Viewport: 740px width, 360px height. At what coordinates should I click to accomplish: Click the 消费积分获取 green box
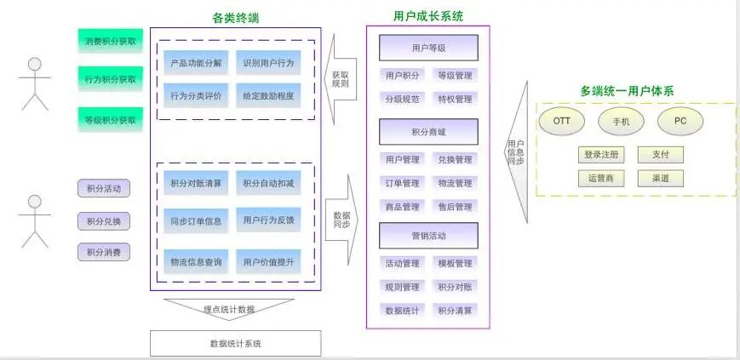(x=111, y=41)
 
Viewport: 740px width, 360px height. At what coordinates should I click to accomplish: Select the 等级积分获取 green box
(x=111, y=120)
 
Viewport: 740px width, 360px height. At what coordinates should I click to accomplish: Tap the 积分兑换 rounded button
(x=104, y=221)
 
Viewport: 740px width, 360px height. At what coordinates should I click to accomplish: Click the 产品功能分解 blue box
(x=196, y=63)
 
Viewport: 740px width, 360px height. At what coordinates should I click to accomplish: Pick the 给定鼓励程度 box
(x=268, y=96)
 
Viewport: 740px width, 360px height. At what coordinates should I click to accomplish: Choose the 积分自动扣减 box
(x=268, y=183)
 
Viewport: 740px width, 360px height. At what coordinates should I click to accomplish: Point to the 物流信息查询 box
(x=196, y=261)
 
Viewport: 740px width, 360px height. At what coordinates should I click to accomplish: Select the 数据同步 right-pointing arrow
(x=341, y=220)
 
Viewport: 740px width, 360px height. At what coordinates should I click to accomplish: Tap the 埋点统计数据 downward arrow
(x=229, y=309)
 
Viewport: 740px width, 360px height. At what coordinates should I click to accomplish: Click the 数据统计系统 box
(x=236, y=344)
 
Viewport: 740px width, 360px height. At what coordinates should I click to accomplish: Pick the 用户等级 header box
(x=428, y=48)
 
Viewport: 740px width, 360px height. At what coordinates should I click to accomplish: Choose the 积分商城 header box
(x=428, y=132)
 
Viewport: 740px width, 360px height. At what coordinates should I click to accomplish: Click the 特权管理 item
(x=455, y=99)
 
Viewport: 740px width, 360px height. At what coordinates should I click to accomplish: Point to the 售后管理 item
(x=455, y=207)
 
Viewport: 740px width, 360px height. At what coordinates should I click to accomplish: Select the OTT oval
(x=562, y=121)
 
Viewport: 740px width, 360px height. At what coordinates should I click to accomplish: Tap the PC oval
(x=680, y=121)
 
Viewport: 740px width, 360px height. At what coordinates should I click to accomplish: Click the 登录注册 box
(x=601, y=155)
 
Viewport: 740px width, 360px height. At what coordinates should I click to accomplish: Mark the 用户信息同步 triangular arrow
(x=515, y=152)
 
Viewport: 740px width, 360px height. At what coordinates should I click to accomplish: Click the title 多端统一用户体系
(x=627, y=91)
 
